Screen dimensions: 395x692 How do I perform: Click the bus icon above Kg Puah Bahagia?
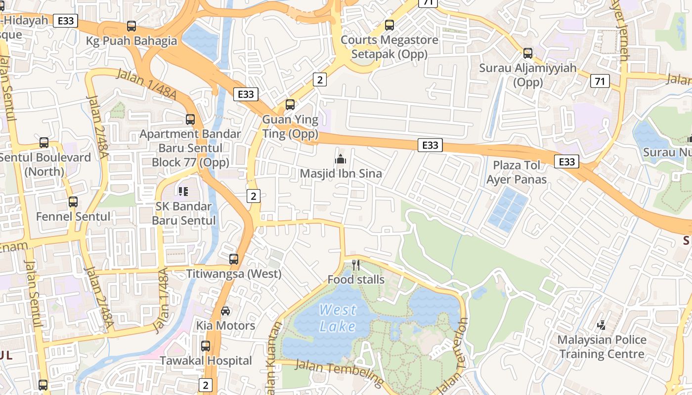pos(131,26)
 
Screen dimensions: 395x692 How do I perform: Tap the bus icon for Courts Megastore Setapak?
pos(389,25)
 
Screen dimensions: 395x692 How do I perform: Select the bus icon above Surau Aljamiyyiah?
pos(528,53)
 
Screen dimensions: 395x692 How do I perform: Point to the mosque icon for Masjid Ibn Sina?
pos(340,159)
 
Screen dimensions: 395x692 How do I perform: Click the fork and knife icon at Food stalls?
pos(356,265)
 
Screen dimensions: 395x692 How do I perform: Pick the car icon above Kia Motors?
pos(225,311)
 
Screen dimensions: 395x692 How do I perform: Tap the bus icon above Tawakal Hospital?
pos(206,346)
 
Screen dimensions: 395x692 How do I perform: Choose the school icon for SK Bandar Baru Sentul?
pos(183,191)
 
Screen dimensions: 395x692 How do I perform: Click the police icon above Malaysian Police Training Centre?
pos(602,325)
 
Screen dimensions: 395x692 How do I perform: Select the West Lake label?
pos(338,318)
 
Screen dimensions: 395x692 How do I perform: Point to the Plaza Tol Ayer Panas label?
pos(517,172)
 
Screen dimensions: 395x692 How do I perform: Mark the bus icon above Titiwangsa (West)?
pos(234,259)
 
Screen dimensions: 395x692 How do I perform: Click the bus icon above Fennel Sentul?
pos(73,201)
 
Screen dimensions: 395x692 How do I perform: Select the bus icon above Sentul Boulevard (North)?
pos(44,143)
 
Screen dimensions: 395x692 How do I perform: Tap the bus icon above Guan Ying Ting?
pos(290,105)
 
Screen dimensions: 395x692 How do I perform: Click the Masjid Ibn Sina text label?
pos(341,174)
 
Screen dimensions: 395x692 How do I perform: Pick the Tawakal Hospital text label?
pos(206,361)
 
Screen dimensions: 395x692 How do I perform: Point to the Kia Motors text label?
pos(226,325)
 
